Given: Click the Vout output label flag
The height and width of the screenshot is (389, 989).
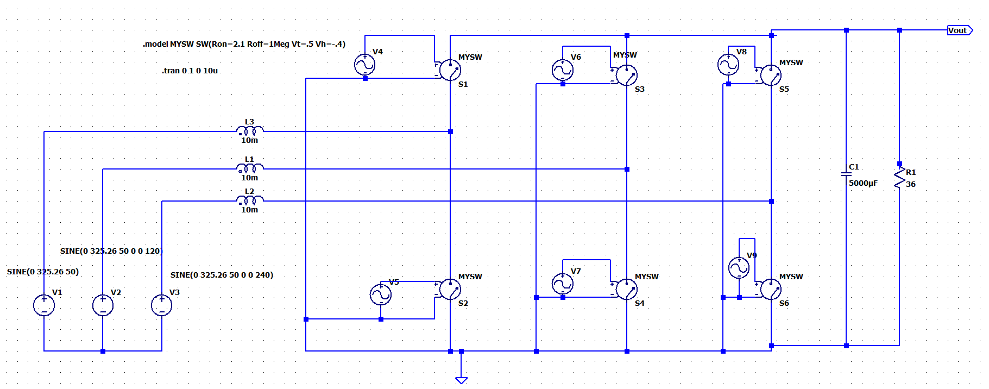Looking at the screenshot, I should [959, 30].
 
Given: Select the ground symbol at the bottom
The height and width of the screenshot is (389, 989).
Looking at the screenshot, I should [461, 380].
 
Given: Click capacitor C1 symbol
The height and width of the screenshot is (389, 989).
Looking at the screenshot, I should [846, 174].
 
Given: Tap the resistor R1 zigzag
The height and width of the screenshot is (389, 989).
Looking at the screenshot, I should [899, 178].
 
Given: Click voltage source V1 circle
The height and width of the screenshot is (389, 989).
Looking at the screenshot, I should [44, 305].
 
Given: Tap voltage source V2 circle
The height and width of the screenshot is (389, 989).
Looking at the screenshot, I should [103, 305].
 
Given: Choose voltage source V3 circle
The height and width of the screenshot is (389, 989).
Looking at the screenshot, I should [161, 305].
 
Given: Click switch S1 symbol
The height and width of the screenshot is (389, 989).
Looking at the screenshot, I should [450, 70].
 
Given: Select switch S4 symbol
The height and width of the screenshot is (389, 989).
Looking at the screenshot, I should [626, 289].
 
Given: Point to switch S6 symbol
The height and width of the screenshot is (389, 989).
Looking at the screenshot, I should [771, 289].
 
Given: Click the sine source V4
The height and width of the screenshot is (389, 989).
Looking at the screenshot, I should [364, 65].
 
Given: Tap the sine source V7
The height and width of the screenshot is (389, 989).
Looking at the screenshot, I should [562, 284].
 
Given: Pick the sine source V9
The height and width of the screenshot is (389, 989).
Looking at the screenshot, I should [739, 267].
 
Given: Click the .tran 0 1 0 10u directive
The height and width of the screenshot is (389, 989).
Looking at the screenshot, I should [190, 71].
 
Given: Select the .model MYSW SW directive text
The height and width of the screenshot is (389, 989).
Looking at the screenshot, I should [244, 44].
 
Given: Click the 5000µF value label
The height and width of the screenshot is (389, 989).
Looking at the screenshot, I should [863, 183].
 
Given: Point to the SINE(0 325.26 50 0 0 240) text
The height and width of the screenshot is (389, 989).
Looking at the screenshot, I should [222, 275].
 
